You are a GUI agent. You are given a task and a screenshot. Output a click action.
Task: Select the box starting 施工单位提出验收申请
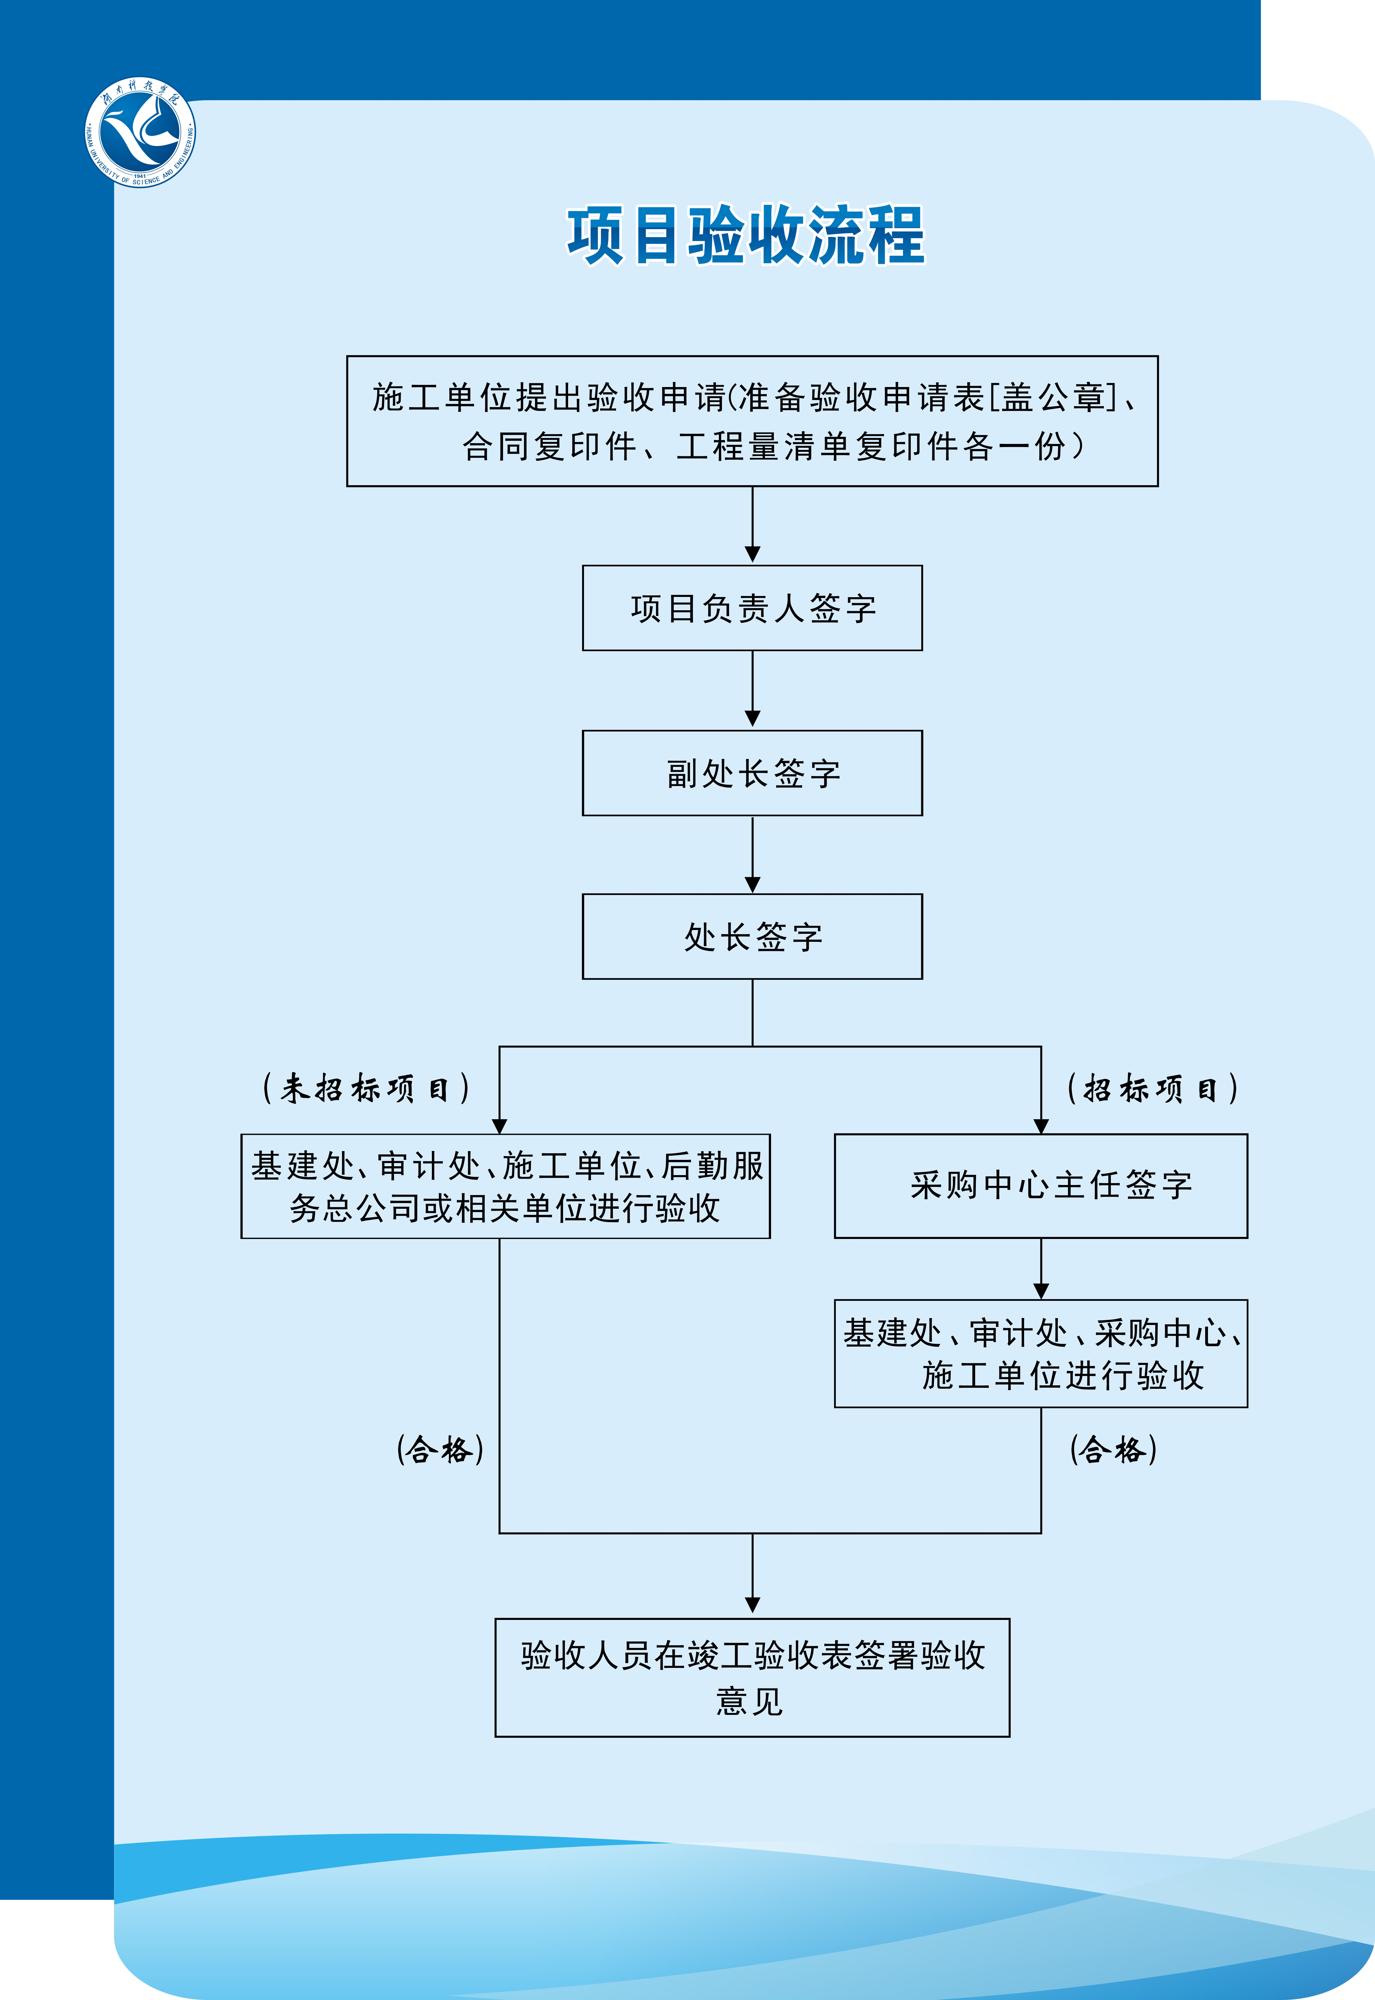[752, 421]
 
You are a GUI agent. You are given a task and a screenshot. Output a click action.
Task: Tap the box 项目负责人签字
[752, 608]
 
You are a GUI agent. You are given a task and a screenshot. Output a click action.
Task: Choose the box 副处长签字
[752, 773]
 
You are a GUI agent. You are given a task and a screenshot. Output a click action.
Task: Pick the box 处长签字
[752, 936]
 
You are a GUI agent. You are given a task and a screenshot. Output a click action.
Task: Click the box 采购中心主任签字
[1041, 1186]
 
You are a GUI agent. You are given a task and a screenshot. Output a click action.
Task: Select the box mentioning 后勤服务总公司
[506, 1186]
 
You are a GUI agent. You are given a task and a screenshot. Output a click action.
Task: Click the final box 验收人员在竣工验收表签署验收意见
[752, 1677]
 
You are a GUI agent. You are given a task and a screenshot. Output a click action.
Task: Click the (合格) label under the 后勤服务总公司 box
[440, 1450]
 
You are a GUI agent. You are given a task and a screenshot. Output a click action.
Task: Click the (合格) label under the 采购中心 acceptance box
[1113, 1450]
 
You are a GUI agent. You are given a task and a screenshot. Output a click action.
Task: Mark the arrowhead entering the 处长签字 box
[752, 885]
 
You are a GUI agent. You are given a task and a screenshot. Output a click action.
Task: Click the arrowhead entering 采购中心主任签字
[1041, 1126]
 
